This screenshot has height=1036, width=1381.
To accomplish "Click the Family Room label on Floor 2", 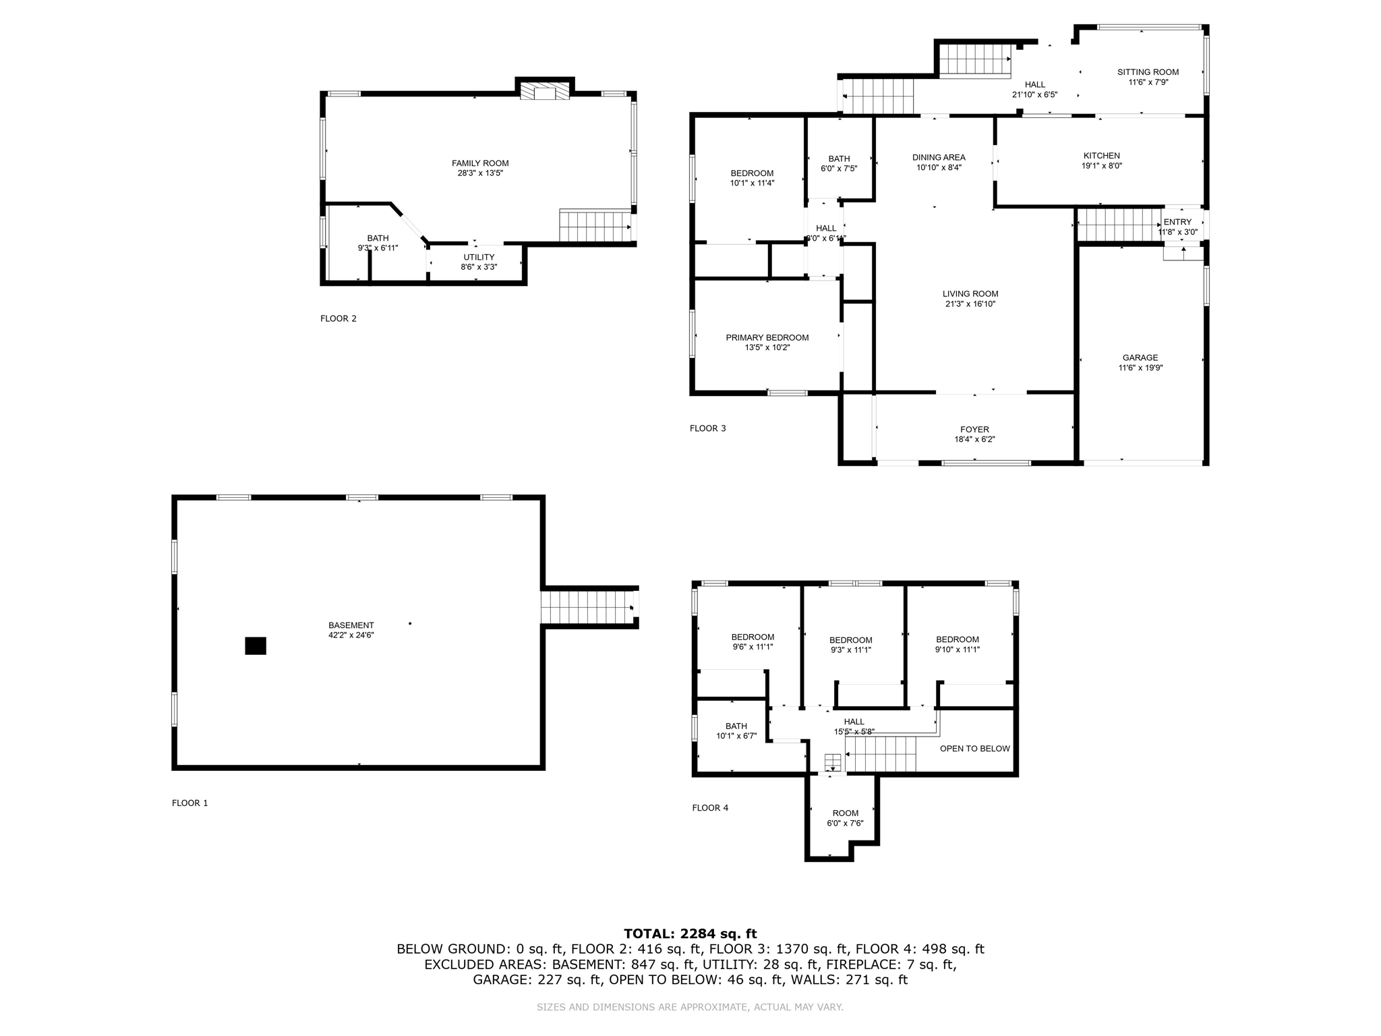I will [x=480, y=163].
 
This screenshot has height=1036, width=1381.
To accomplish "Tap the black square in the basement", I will [x=256, y=645].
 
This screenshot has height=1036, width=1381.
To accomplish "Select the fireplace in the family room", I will [x=545, y=92].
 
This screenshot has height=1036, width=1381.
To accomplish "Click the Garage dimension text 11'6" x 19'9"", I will [x=1140, y=368].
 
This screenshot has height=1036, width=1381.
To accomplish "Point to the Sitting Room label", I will [x=1148, y=72].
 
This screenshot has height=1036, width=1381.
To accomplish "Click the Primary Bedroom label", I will [x=767, y=338].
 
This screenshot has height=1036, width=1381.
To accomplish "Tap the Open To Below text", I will [x=974, y=748].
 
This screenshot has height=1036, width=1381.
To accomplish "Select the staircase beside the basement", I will [x=587, y=607].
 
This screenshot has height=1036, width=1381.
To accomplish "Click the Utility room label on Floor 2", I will [x=479, y=257].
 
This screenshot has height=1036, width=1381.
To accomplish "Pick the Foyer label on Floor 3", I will [x=974, y=430].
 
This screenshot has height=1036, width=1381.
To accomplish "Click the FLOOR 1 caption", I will [x=190, y=803].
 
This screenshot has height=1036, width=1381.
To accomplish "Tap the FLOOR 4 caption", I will [x=710, y=807].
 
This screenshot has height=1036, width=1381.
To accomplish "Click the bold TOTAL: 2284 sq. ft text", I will [x=690, y=933].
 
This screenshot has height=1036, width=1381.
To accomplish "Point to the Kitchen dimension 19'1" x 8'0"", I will [x=1101, y=166].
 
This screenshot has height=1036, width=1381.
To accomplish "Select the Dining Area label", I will [x=939, y=157].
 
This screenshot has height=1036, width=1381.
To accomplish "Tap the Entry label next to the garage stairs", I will [x=1177, y=222].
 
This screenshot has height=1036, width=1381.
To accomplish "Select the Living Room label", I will [x=970, y=294].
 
